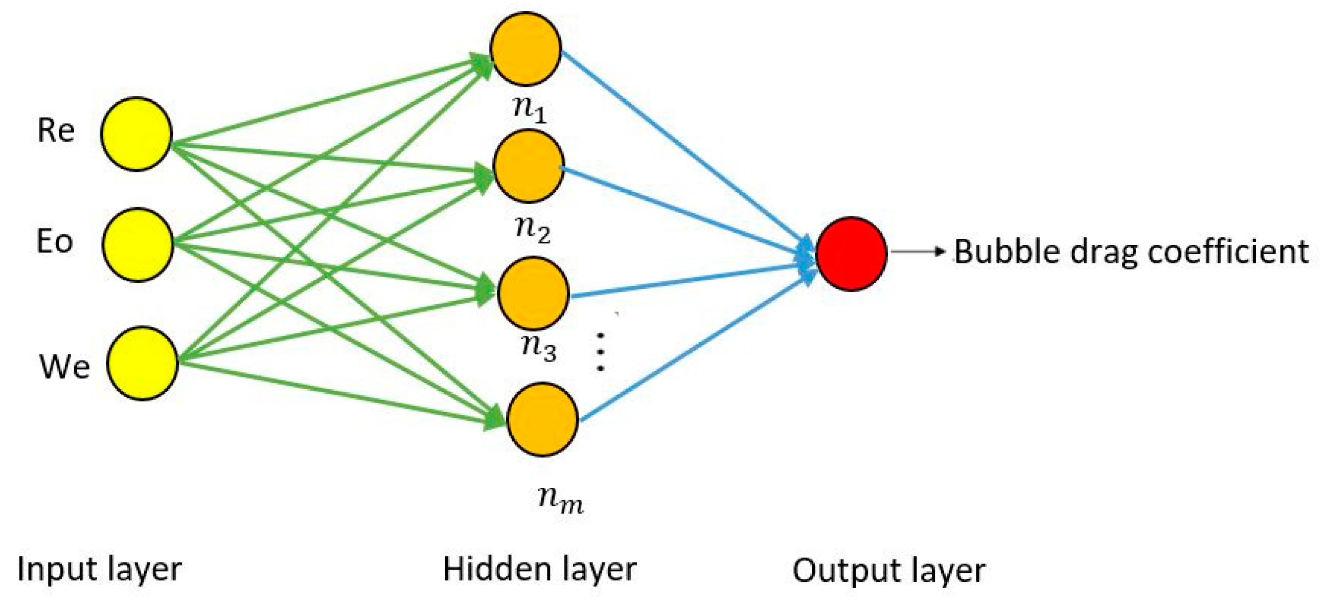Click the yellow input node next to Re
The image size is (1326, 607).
(136, 134)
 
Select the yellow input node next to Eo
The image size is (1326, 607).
(138, 244)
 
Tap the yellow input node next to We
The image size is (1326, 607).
(143, 363)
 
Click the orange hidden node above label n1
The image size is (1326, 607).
(525, 49)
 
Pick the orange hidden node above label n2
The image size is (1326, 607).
(529, 166)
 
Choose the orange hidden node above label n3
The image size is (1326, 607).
(534, 294)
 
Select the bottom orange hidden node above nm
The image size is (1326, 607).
(543, 419)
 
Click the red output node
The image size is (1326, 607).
(852, 254)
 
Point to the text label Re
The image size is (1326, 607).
(56, 130)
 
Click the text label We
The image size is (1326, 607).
(64, 367)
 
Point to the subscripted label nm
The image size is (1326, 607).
(561, 500)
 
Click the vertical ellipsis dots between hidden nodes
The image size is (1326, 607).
(600, 352)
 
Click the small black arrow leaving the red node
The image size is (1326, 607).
(918, 252)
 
